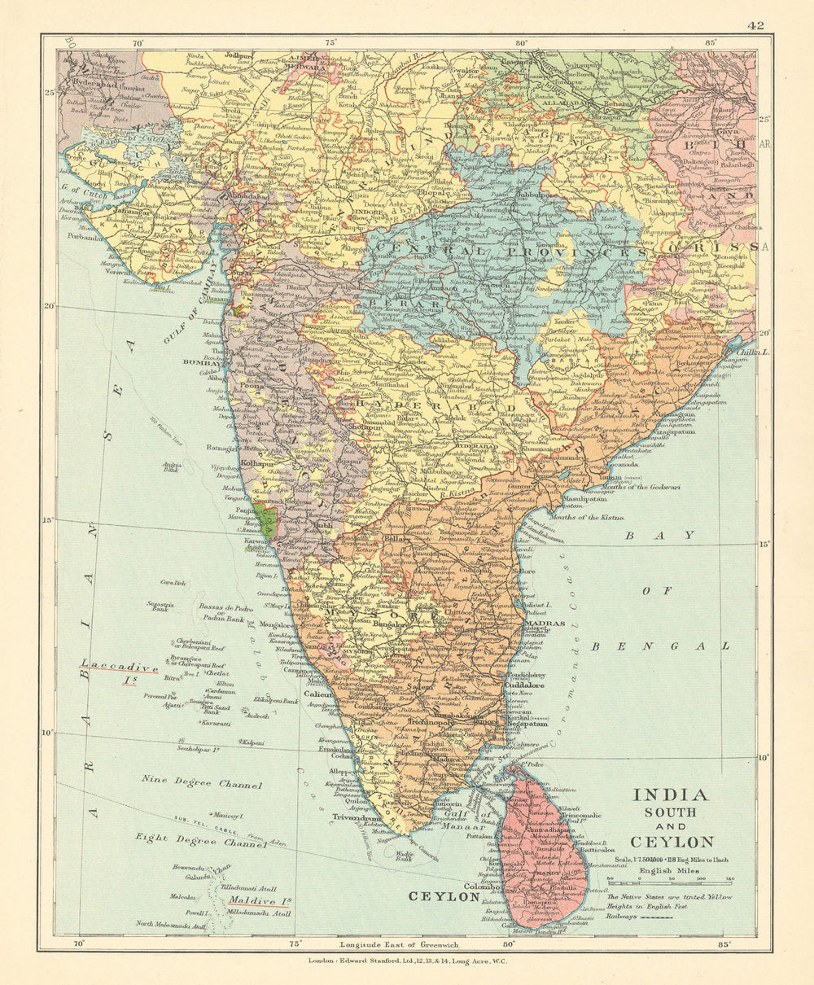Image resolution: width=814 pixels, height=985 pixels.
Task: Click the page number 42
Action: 755,25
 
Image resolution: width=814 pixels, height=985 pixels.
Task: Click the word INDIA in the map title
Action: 670,795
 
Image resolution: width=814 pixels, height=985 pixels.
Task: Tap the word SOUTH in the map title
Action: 670,812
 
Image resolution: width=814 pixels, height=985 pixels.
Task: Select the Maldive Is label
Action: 260,901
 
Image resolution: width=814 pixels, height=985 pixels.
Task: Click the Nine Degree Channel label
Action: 202,784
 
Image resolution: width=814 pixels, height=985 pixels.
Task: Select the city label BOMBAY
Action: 203,361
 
